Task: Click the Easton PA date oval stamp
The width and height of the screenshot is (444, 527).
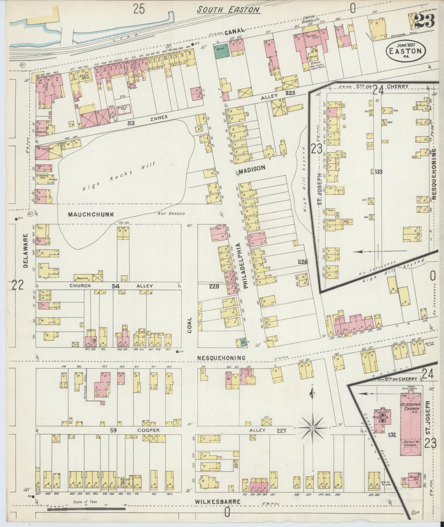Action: (405, 50)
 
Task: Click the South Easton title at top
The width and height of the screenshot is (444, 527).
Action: (228, 10)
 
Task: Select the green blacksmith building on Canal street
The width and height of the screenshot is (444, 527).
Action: (222, 51)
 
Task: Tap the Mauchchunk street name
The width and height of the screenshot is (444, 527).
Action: (91, 214)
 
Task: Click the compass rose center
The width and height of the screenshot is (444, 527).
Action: (313, 436)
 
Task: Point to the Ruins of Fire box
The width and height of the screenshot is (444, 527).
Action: (124, 109)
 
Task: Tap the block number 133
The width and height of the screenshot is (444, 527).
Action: (378, 172)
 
